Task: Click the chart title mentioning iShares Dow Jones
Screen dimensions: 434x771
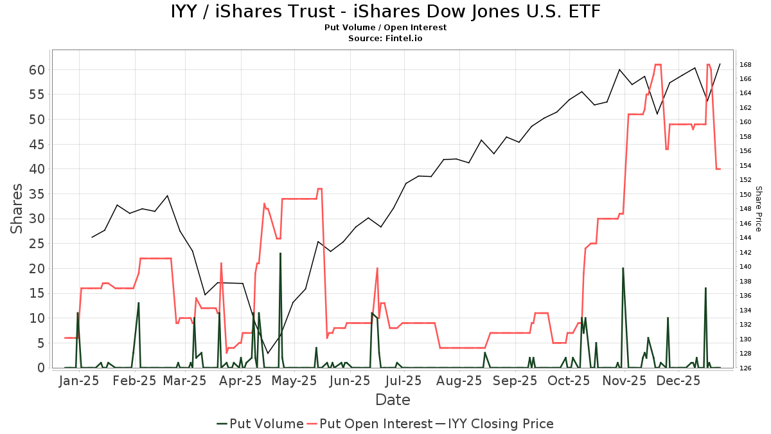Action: pos(385,12)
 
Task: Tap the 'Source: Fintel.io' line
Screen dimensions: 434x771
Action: pos(385,39)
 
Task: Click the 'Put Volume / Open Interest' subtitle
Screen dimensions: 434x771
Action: pos(385,28)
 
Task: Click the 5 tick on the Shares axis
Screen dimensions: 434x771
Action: pos(40,343)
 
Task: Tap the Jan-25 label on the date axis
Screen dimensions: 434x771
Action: pos(79,381)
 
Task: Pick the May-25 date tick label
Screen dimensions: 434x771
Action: pos(294,381)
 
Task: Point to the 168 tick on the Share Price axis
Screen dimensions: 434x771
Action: pos(745,64)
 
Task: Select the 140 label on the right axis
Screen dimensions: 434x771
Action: pos(745,267)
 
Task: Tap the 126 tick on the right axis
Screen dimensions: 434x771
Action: pos(745,368)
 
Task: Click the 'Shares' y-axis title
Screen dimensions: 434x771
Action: pos(17,208)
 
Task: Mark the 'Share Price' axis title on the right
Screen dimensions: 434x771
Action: pos(758,209)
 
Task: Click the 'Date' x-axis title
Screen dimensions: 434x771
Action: pos(393,400)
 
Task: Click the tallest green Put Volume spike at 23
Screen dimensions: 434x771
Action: pos(280,254)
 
